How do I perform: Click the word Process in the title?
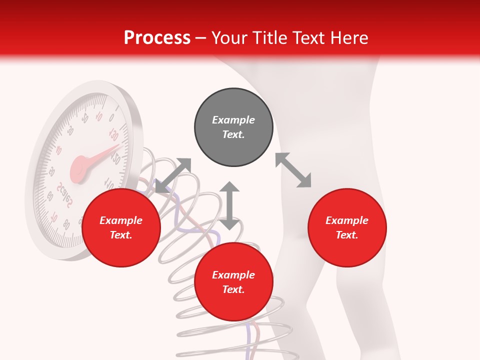coord(157,38)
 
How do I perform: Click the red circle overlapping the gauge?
coord(121,227)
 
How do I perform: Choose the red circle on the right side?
coord(347,227)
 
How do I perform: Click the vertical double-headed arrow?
coord(229,205)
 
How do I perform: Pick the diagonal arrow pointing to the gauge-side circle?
coord(173,175)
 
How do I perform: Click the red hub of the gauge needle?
coord(79,167)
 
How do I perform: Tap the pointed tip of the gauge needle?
coord(118,146)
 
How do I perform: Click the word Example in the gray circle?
coord(233,120)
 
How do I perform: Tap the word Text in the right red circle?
coord(347,235)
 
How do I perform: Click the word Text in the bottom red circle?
coord(233,289)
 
